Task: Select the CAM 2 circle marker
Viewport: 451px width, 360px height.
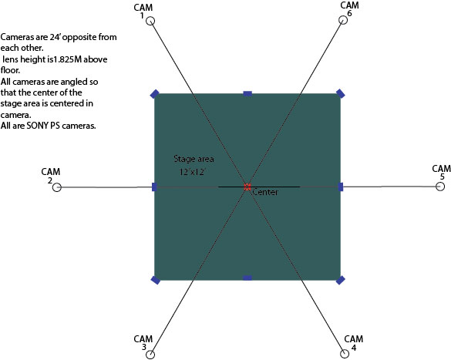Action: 53,187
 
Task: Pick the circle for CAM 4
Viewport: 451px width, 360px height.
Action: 341,354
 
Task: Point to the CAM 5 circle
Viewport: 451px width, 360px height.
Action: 436,187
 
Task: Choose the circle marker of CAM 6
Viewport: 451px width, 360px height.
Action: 338,20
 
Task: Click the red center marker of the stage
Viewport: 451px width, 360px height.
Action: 247,187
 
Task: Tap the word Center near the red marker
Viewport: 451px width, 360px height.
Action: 265,192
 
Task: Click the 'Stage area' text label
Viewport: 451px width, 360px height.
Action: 194,159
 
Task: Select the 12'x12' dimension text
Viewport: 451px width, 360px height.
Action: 193,172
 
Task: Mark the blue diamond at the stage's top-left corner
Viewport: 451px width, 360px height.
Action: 155,94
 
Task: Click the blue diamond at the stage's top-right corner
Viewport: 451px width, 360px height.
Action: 341,94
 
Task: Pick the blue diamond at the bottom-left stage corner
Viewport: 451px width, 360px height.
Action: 155,280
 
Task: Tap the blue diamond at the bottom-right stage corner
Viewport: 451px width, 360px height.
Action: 341,280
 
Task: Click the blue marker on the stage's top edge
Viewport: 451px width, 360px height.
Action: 247,93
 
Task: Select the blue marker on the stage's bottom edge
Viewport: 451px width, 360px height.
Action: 247,278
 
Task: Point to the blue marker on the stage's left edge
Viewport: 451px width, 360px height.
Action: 154,187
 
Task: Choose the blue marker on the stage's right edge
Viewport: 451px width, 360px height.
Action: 341,187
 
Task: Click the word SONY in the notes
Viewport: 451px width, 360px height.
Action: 38,126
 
